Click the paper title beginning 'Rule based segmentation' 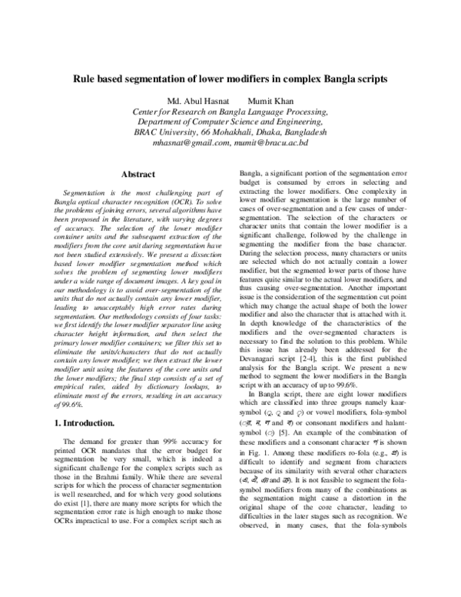pyautogui.click(x=230, y=78)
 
